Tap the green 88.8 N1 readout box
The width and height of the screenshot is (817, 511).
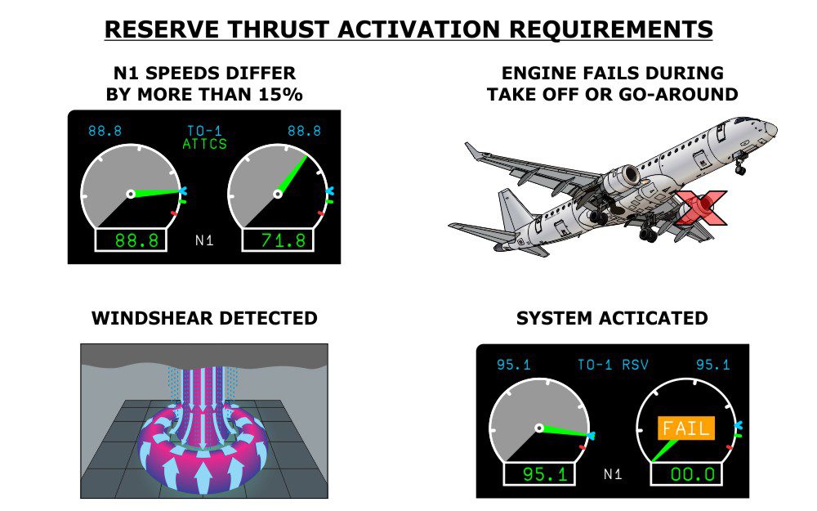click(131, 240)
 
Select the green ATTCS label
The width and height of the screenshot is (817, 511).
click(205, 144)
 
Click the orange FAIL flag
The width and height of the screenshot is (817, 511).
click(685, 428)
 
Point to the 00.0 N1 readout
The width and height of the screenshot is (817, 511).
click(686, 474)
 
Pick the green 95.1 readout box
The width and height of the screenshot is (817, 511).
click(538, 474)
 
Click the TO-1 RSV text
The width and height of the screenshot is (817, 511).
click(613, 365)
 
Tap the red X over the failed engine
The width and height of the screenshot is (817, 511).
click(700, 208)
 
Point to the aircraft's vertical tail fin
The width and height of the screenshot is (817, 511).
click(513, 208)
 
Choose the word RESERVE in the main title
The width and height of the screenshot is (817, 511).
click(162, 29)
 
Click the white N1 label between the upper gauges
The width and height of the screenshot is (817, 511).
click(204, 240)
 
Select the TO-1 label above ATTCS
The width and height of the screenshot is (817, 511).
click(205, 130)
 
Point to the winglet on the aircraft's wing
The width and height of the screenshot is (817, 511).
click(472, 151)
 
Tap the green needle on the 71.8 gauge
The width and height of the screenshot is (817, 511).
click(292, 175)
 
